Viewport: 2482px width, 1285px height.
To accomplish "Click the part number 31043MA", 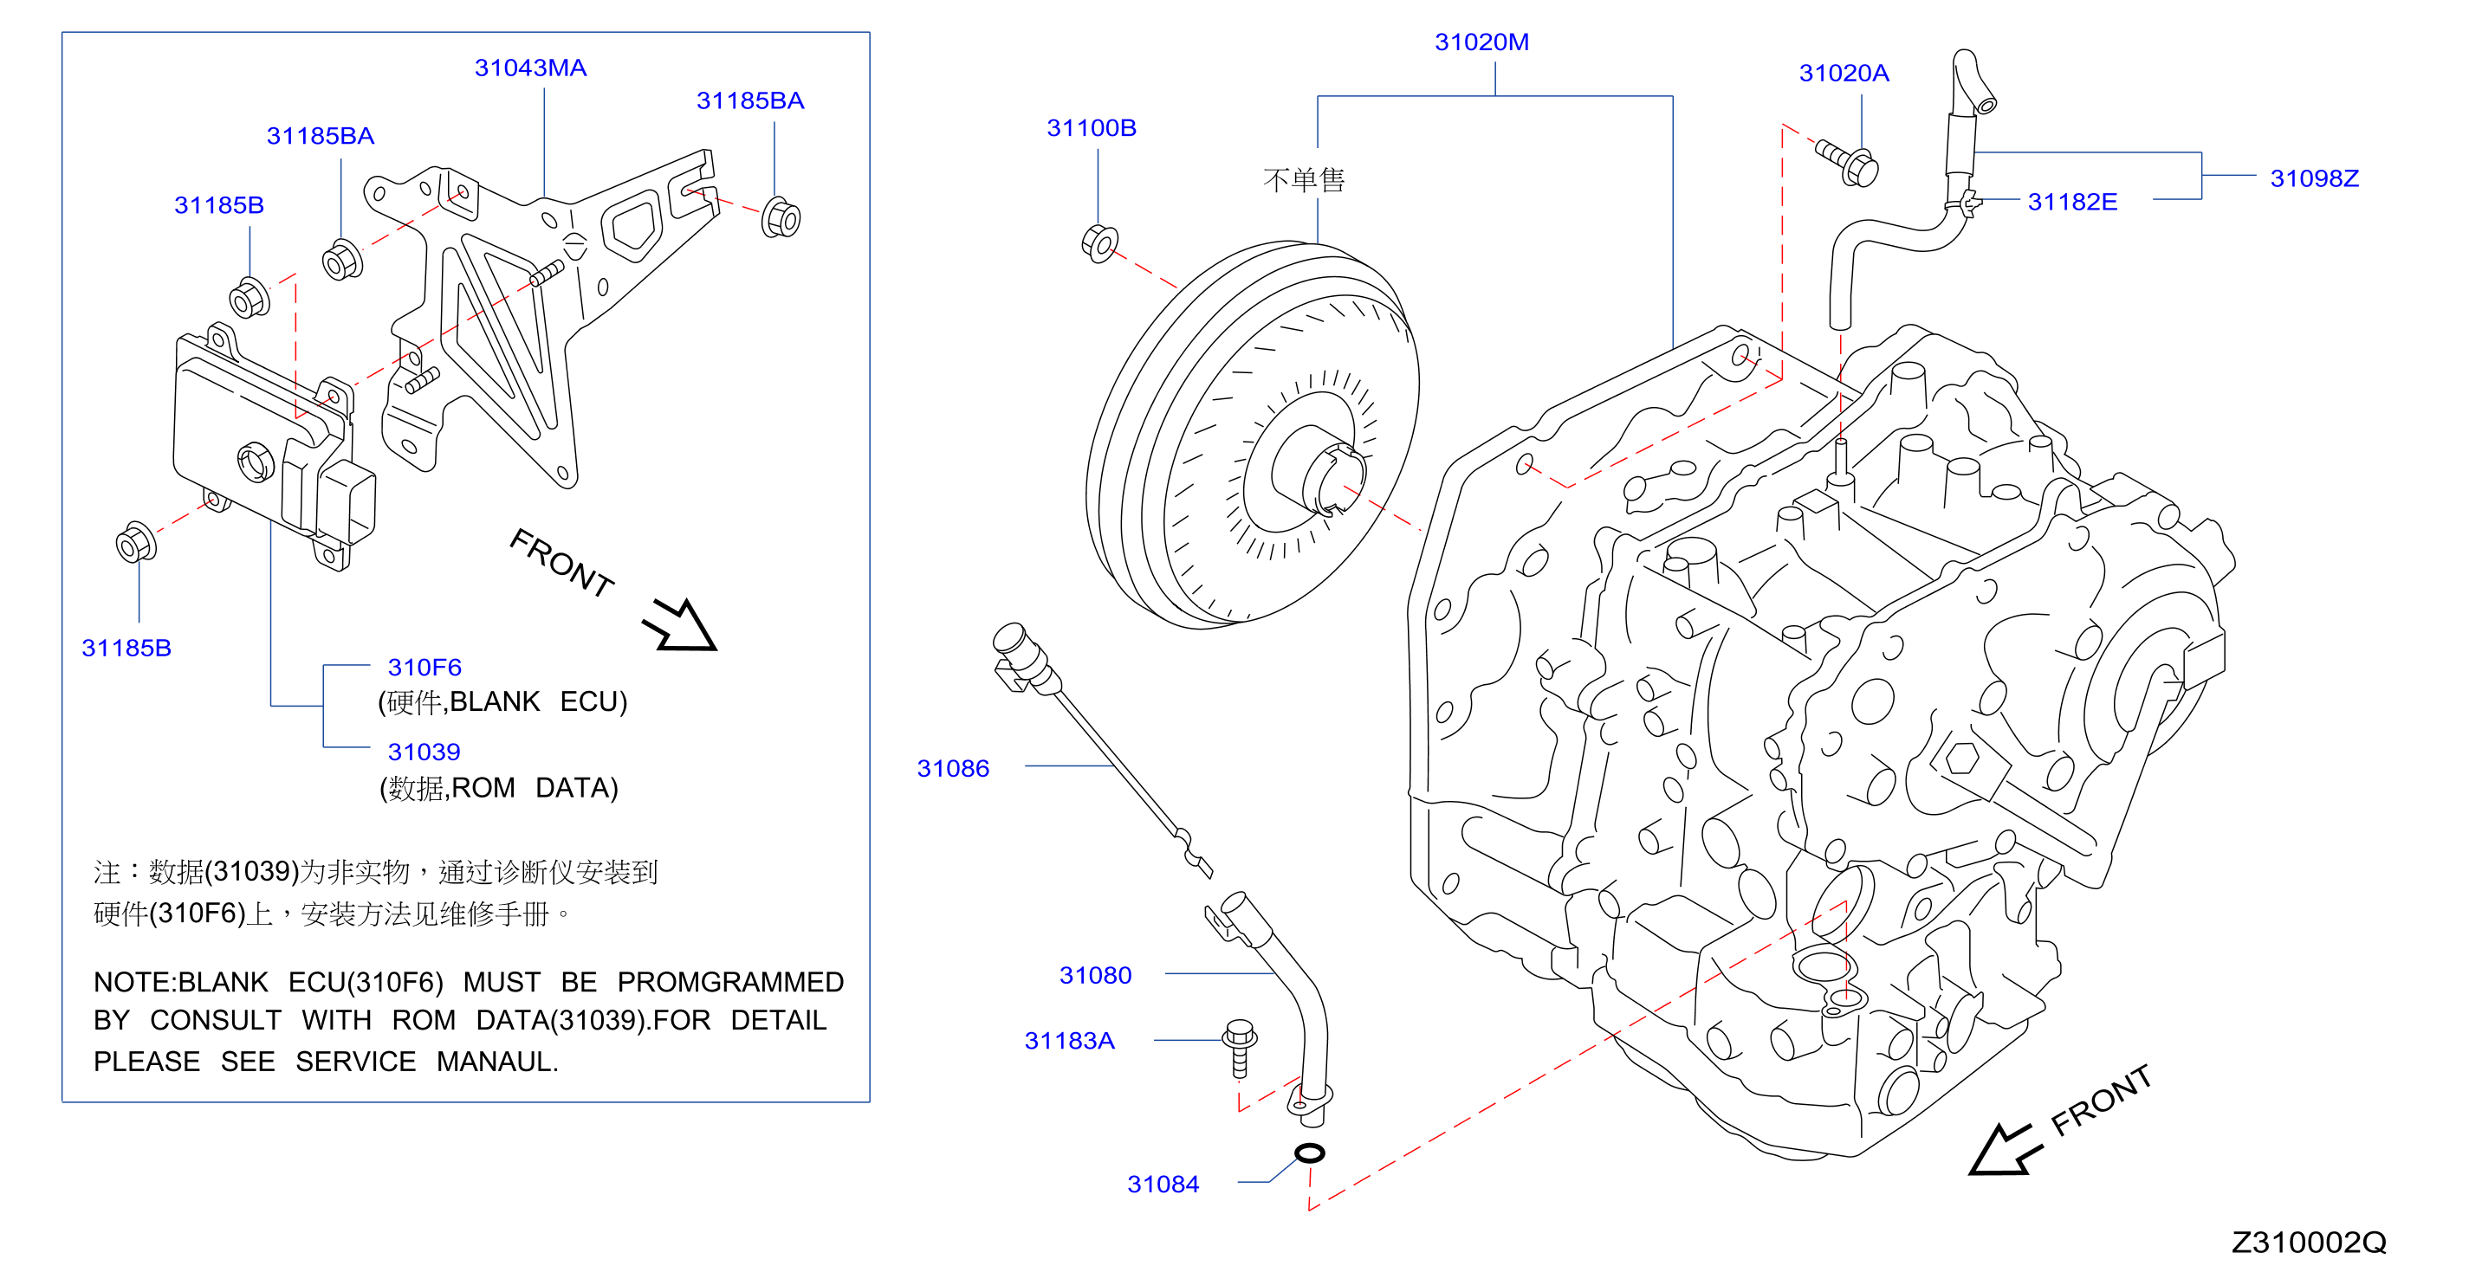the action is tap(530, 68).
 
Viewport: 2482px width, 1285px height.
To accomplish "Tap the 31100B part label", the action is tap(1091, 128).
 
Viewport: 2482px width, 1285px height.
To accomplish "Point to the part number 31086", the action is tap(952, 769).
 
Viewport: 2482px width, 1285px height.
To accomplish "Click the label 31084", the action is tap(1162, 1185).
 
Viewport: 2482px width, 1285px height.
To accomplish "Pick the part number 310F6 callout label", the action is tap(424, 668).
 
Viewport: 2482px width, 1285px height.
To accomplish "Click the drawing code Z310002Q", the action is tap(2309, 1243).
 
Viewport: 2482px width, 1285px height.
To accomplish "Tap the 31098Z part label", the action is tap(2313, 178).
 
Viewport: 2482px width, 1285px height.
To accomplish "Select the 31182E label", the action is tap(2071, 203).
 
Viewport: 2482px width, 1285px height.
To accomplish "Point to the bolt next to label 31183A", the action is tap(1239, 1048).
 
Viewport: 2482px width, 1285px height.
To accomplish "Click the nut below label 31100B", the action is tap(1099, 243).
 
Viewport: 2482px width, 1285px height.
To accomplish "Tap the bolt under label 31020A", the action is tap(1847, 164).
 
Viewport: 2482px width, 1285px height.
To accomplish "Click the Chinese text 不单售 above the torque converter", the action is tap(1304, 180).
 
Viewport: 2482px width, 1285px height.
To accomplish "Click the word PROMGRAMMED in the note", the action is tap(730, 983).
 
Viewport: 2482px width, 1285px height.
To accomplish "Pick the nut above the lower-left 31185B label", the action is tap(136, 542).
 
